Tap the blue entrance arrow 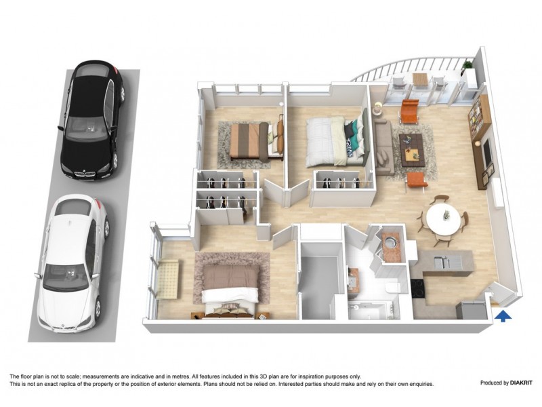[502, 313]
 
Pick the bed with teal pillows [332, 140]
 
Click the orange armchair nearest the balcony [410, 109]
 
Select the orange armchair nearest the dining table [417, 179]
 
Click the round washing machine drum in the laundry [391, 242]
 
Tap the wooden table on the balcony [421, 79]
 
